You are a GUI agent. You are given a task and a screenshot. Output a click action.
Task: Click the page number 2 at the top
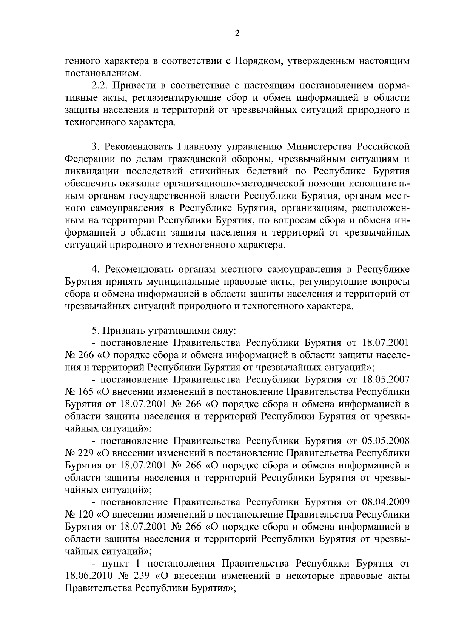(x=237, y=34)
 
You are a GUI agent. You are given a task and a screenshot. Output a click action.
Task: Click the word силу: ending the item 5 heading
(x=224, y=331)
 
